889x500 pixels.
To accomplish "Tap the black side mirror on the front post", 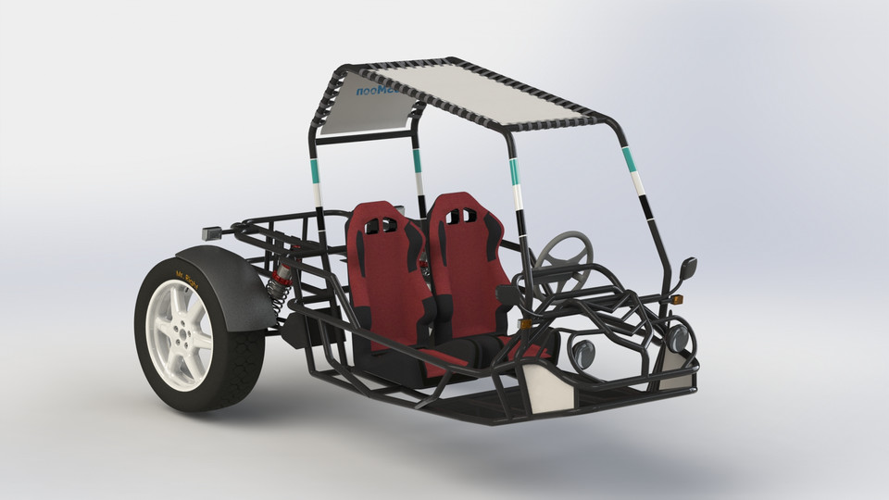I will click(688, 269).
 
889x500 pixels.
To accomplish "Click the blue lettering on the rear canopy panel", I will click(374, 89).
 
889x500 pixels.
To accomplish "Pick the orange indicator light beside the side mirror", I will click(677, 299).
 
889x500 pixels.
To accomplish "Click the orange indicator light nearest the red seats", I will click(525, 323).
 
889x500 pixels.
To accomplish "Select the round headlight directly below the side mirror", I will click(679, 338).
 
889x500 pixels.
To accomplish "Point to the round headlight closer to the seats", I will click(583, 353).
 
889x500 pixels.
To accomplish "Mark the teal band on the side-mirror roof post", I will click(630, 159).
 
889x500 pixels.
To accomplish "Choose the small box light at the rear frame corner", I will click(211, 233).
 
